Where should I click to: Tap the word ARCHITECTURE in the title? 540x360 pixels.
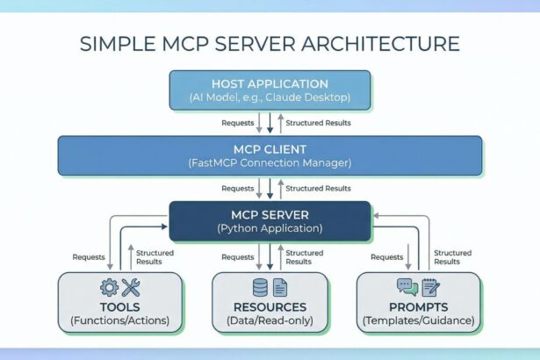[x=379, y=43]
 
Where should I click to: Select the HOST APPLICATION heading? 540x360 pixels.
[x=270, y=83]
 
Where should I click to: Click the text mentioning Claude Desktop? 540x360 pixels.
[x=270, y=97]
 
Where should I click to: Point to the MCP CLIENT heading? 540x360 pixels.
[x=270, y=148]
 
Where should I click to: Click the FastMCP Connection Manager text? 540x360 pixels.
[x=270, y=162]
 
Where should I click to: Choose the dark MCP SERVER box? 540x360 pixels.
[x=270, y=220]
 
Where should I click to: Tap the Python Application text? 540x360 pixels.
[x=270, y=228]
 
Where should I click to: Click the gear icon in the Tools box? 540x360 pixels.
[x=110, y=286]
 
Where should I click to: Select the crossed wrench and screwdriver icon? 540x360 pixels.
[x=132, y=286]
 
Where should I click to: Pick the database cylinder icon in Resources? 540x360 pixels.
[x=260, y=286]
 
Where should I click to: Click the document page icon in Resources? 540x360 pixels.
[x=280, y=286]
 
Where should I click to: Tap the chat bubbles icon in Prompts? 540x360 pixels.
[x=407, y=286]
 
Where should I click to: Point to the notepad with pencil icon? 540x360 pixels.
[x=430, y=286]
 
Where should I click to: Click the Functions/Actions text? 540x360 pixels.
[x=120, y=321]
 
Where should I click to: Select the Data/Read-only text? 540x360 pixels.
[x=270, y=321]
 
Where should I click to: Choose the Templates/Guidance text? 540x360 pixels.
[x=418, y=321]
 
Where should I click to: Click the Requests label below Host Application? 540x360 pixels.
[x=237, y=123]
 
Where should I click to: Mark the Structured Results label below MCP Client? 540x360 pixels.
[x=318, y=188]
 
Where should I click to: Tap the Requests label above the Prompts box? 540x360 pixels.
[x=386, y=257]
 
